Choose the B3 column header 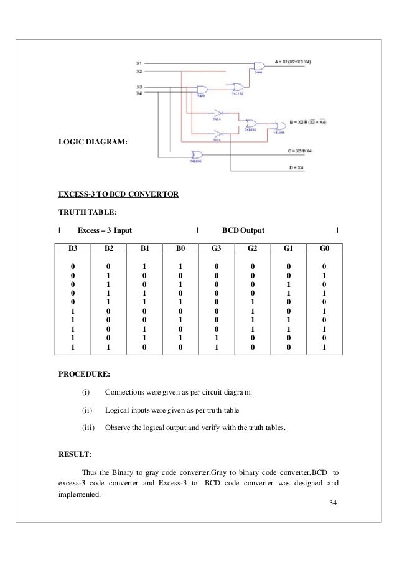click(72, 248)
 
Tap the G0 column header click(323, 248)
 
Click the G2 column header click(252, 248)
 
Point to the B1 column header click(144, 248)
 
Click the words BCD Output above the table click(243, 230)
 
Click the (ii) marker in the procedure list click(86, 411)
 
